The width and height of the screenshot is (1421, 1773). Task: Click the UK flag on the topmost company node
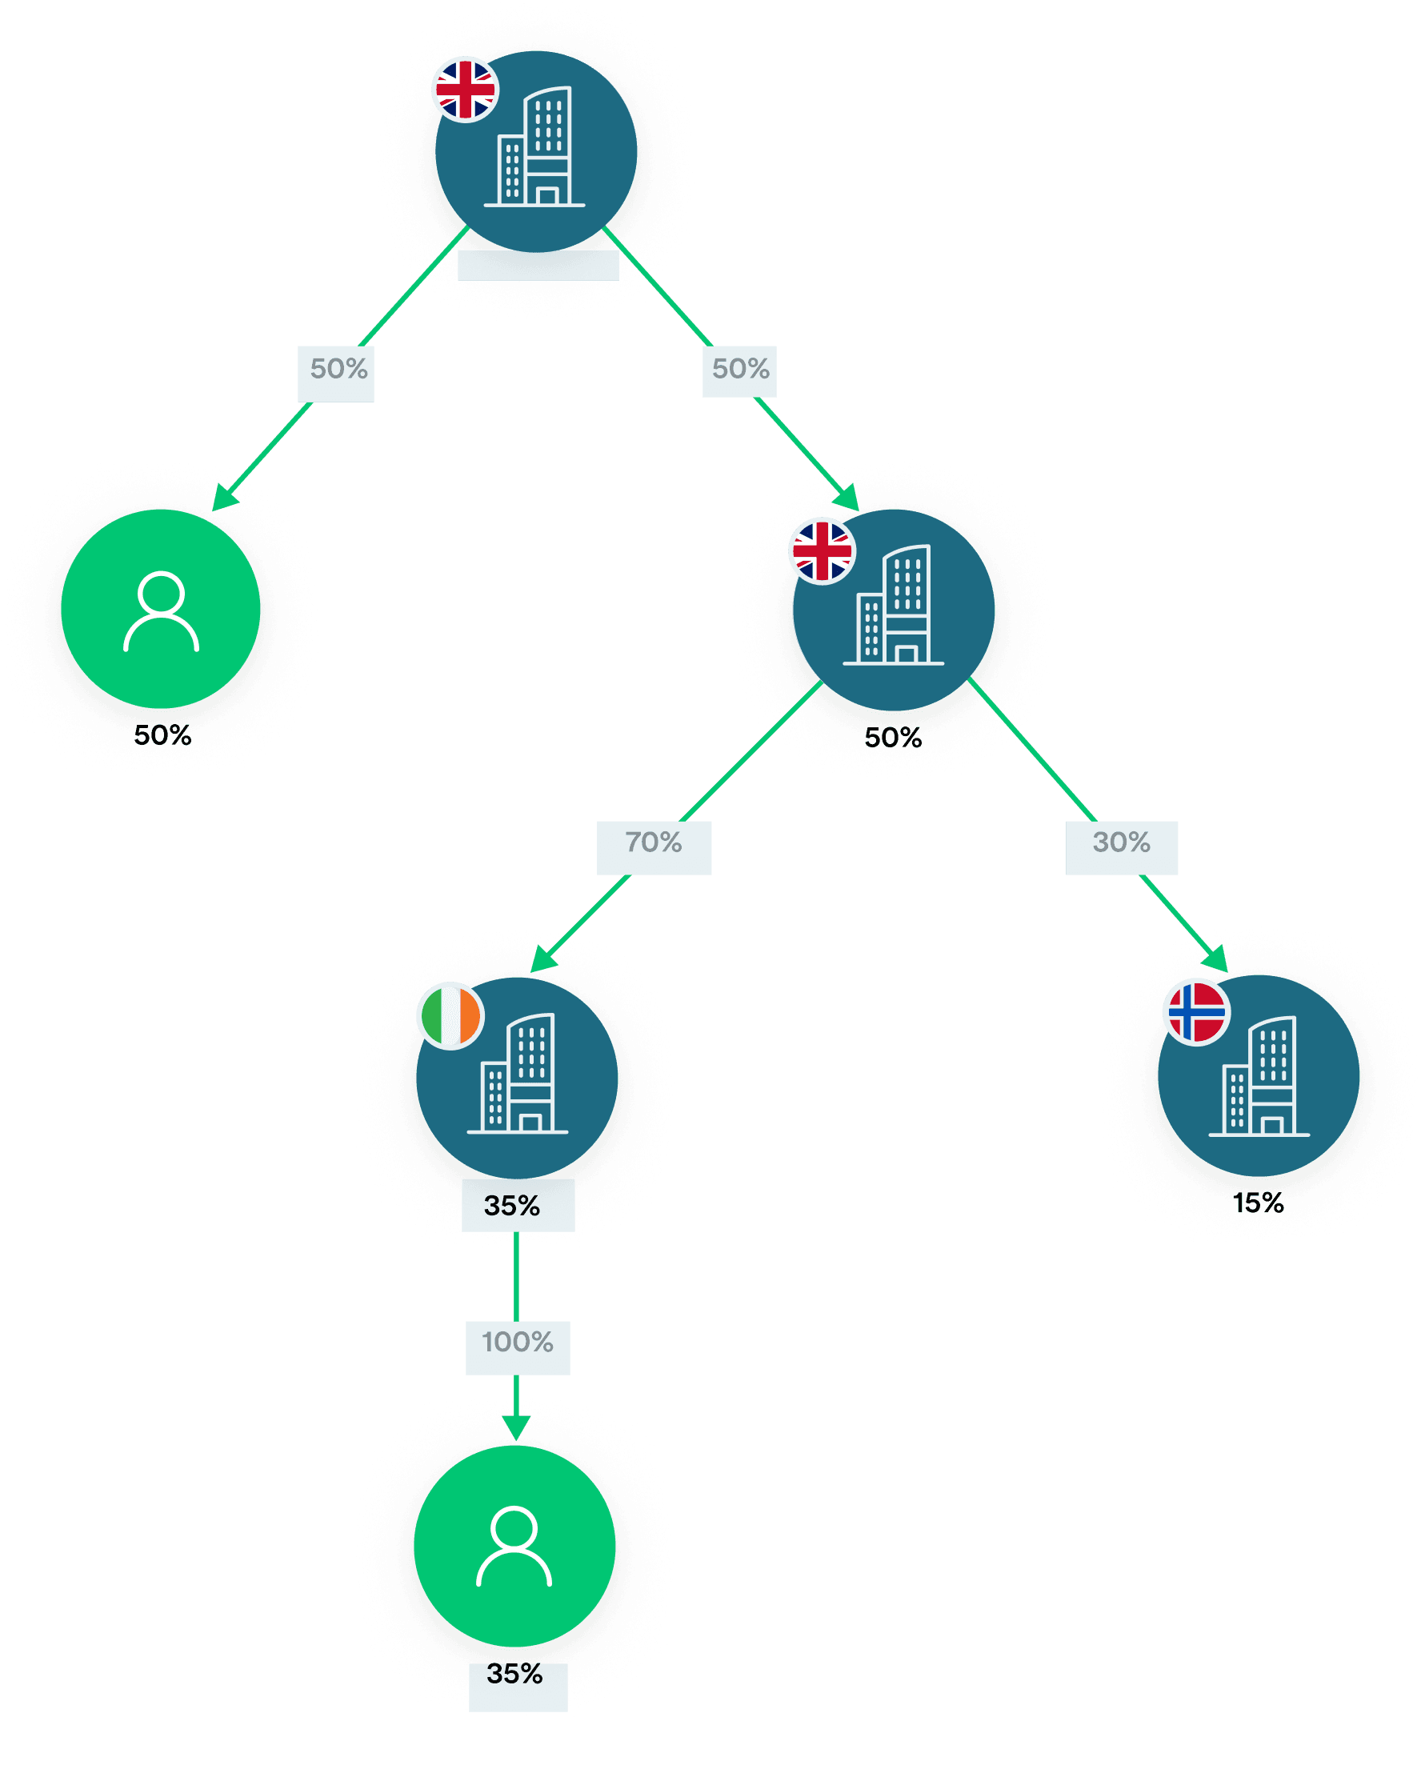(466, 89)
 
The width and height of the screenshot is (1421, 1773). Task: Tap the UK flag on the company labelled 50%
(823, 551)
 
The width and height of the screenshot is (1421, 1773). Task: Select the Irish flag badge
(450, 1015)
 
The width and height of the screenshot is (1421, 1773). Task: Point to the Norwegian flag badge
(1197, 1011)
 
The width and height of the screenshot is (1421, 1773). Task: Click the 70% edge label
(654, 843)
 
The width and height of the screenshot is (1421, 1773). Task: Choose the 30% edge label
(1122, 843)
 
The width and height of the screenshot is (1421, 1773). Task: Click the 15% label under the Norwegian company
(1258, 1204)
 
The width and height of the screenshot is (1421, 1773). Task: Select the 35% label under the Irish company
(511, 1207)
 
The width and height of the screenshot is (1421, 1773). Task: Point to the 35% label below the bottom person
(514, 1674)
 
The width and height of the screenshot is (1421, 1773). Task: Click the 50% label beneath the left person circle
(163, 735)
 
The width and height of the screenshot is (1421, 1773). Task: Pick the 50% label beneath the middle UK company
(893, 738)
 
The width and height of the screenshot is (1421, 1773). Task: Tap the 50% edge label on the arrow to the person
(338, 369)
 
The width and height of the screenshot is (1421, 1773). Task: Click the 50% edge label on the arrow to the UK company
(741, 369)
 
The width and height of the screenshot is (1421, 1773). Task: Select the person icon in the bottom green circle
(514, 1546)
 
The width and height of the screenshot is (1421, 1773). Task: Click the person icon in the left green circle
(161, 612)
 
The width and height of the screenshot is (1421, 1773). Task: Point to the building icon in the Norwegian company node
(1259, 1076)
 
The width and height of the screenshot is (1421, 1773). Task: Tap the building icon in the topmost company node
(534, 146)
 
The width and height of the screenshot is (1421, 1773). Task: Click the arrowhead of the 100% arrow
(516, 1429)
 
